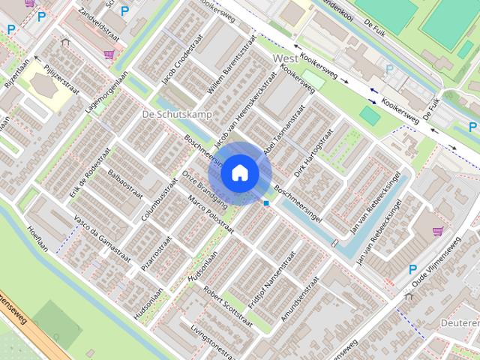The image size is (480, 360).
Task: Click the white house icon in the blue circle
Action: tap(239, 172)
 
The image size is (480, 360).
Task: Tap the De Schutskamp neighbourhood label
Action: tap(176, 114)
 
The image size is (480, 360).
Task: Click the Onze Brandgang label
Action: tap(194, 190)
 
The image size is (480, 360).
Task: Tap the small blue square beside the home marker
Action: tap(266, 202)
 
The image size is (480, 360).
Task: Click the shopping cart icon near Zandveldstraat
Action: tap(109, 54)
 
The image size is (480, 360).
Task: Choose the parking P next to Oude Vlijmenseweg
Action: tap(412, 269)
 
